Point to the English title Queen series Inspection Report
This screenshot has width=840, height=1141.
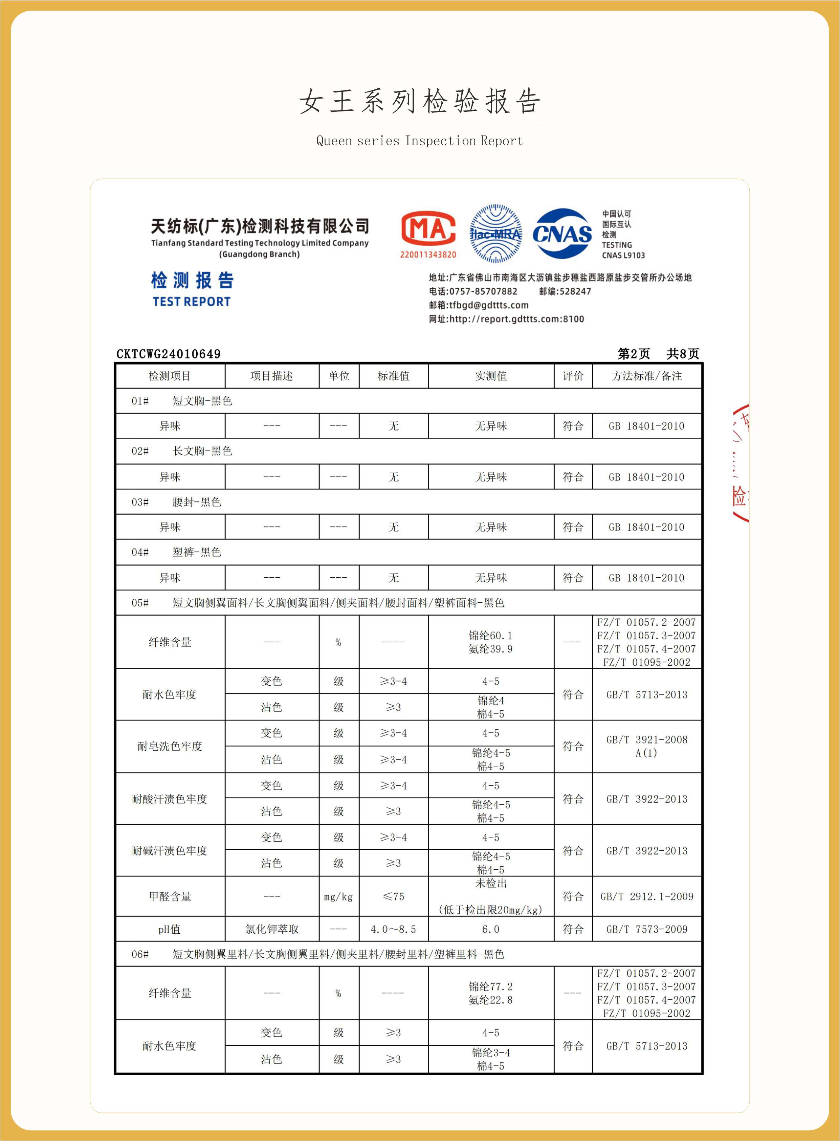point(419,141)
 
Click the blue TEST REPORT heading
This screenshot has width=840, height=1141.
point(192,302)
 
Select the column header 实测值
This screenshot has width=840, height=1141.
point(491,376)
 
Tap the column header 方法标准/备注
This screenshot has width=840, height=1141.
point(646,376)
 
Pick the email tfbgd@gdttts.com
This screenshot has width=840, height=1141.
point(488,305)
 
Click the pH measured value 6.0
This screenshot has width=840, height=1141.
point(491,929)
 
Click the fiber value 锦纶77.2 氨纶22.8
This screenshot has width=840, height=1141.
point(491,993)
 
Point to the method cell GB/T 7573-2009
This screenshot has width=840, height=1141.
point(646,929)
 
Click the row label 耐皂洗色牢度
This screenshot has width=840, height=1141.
point(170,747)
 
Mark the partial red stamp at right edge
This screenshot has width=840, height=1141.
point(740,463)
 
